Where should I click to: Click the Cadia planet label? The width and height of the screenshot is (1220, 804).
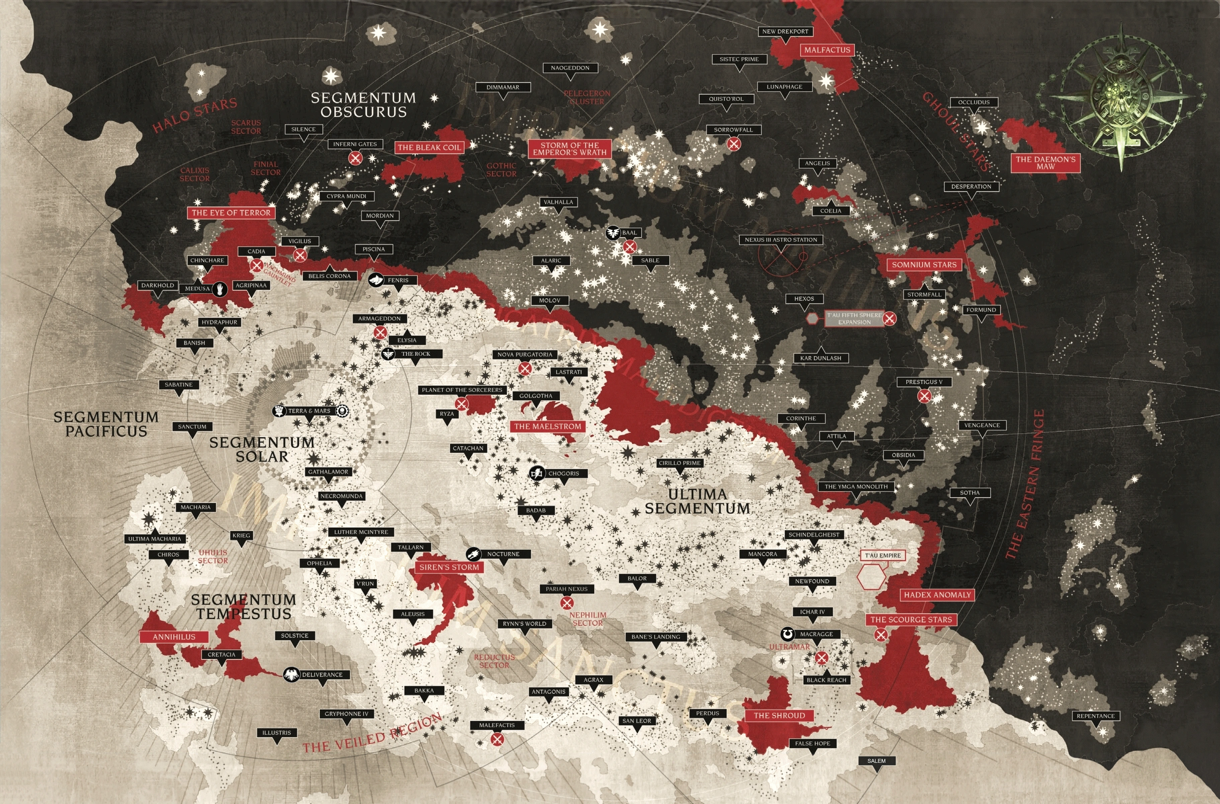point(256,251)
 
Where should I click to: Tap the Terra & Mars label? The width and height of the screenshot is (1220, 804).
point(309,411)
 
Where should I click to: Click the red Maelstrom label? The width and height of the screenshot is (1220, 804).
point(548,426)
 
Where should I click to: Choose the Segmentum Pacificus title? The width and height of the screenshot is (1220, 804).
point(106,424)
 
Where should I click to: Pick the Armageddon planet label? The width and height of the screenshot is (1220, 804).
point(379,318)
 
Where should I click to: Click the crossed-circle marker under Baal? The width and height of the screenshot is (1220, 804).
point(630,247)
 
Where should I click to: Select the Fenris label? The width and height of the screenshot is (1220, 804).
point(398,280)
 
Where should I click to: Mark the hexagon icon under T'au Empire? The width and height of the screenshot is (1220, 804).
point(872,577)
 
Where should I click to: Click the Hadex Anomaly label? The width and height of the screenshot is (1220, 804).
point(937,595)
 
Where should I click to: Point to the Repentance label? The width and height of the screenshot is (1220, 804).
point(1095,716)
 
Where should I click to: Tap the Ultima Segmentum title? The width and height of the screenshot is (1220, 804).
point(697,502)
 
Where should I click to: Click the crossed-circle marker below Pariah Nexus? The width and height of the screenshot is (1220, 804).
point(566,602)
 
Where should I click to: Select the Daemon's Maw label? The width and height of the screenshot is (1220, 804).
point(1046,162)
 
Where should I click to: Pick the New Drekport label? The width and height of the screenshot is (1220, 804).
point(785,31)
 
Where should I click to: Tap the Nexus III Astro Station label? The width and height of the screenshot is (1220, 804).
point(781,239)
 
